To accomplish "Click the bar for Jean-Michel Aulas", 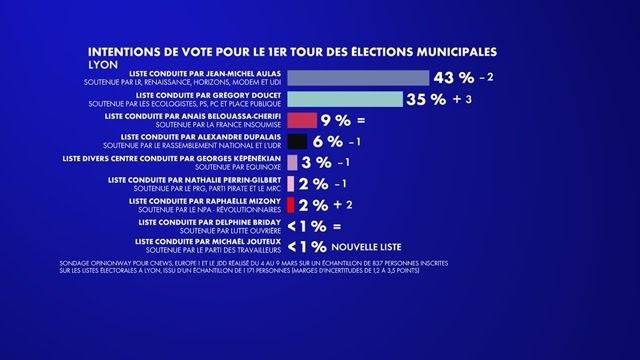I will click(357, 78).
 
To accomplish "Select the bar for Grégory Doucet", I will click(344, 99).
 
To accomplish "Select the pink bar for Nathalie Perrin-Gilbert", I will click(290, 184).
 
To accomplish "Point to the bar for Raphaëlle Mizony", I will click(290, 205).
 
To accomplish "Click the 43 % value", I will click(452, 78).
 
